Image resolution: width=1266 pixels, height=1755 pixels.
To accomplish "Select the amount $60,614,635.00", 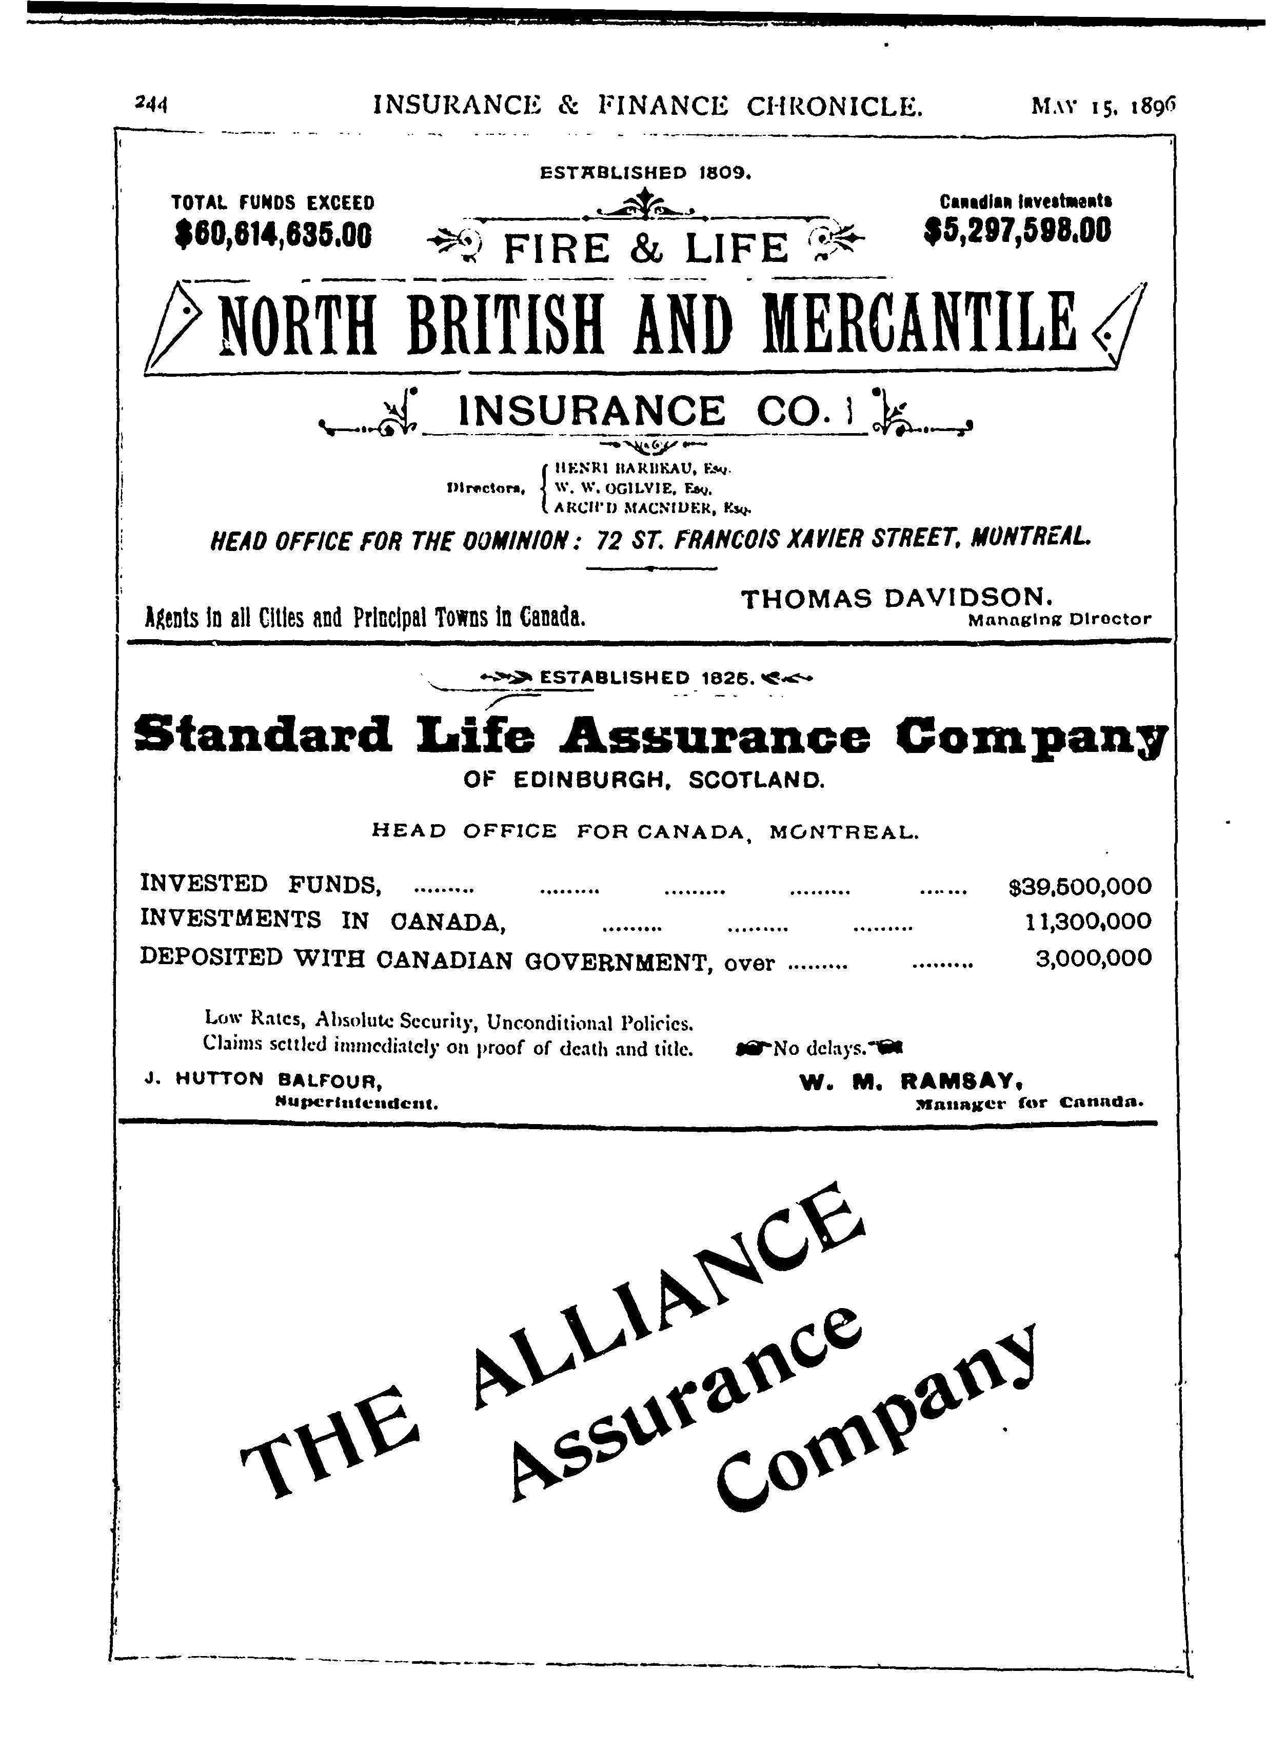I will [x=274, y=234].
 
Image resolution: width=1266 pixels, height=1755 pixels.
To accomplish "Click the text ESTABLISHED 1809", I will [x=646, y=173].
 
